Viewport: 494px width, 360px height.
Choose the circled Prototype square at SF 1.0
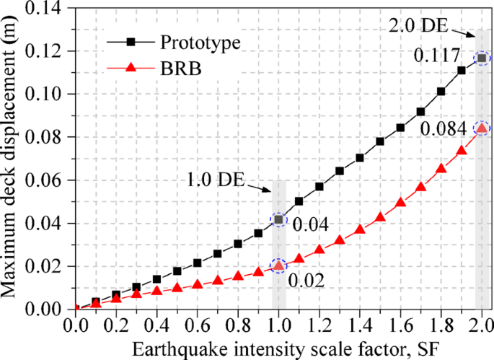[278, 219]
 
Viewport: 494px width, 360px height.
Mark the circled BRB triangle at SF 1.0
[278, 265]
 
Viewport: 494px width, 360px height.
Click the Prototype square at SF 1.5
[380, 141]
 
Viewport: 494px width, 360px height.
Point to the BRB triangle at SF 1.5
[380, 217]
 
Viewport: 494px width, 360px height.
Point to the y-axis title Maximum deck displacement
[12, 159]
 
